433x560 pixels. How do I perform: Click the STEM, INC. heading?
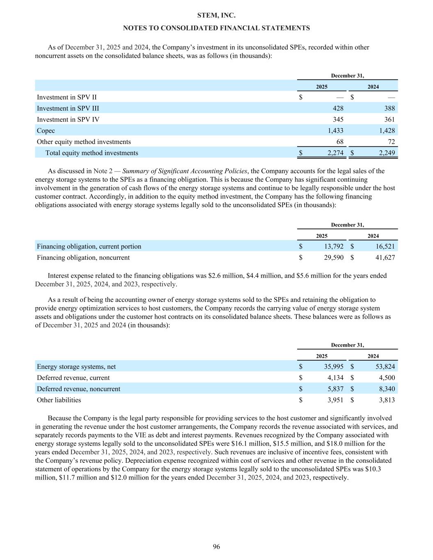coord(216,16)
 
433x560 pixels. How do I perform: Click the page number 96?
coord(216,546)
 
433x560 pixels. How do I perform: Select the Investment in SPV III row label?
coord(68,108)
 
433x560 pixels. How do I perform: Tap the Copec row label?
coord(46,130)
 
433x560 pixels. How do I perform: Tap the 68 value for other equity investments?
coord(340,142)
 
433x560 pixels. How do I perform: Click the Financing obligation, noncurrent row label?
coord(83,258)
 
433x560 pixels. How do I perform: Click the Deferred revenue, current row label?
coord(73,378)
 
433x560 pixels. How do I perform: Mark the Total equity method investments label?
coord(92,153)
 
